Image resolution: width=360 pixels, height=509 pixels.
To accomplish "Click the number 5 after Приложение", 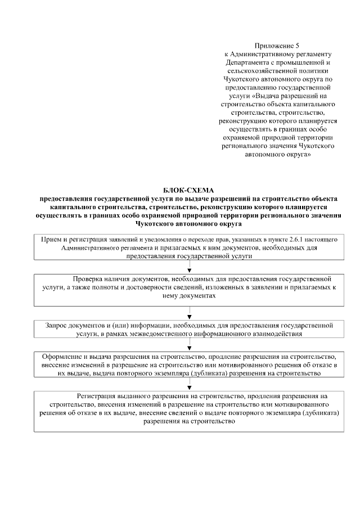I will [x=298, y=44].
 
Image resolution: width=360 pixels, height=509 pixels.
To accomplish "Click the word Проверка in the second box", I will [x=89, y=279].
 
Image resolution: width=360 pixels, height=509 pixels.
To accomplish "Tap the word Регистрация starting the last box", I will [x=98, y=396].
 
